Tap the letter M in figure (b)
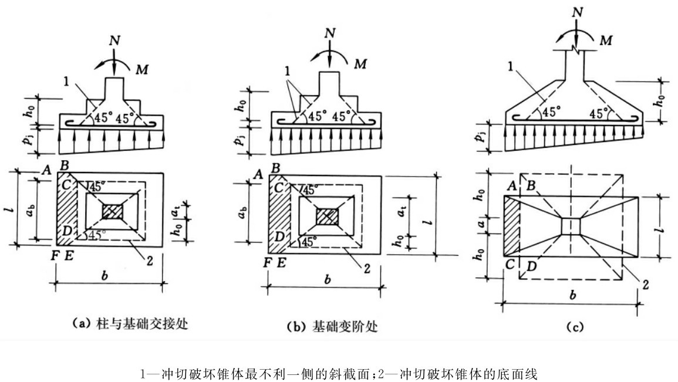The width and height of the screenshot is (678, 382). (360, 64)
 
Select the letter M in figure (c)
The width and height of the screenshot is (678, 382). (606, 40)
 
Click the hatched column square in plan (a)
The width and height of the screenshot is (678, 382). (113, 212)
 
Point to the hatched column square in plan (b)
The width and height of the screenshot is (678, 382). (328, 216)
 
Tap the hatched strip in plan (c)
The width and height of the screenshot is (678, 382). (511, 227)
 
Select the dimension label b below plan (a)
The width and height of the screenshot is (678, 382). (104, 276)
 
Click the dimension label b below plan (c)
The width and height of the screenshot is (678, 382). (573, 295)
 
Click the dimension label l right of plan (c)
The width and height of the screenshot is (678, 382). (659, 225)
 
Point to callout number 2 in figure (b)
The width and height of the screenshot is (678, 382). (367, 268)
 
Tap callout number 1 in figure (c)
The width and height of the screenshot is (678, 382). (511, 66)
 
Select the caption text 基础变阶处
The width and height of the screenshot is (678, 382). (345, 326)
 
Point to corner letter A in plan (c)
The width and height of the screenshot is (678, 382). (511, 186)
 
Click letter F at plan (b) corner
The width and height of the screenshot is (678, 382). (268, 262)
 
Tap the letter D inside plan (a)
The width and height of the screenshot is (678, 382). (66, 231)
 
